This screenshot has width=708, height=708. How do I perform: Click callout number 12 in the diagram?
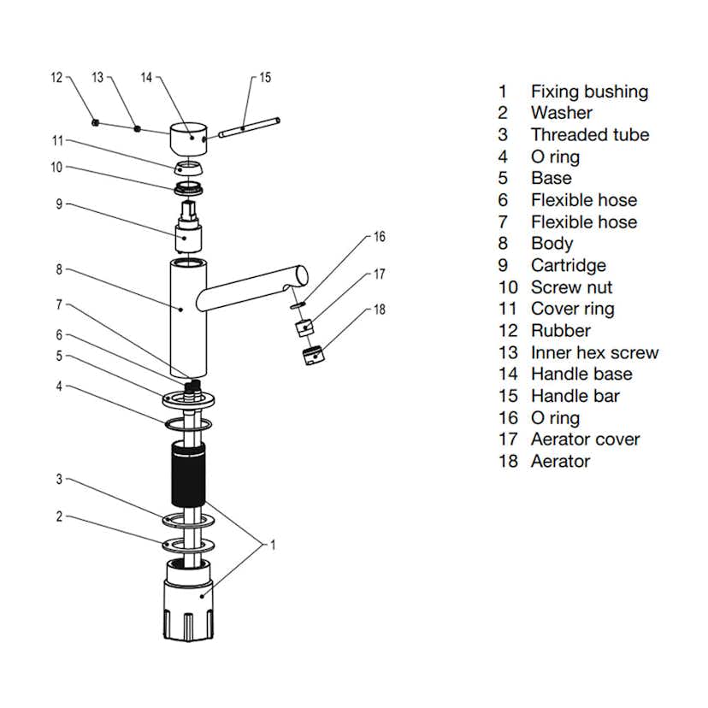57,78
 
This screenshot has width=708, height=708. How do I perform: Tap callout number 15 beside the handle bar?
265,78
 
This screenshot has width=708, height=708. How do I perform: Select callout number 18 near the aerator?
380,310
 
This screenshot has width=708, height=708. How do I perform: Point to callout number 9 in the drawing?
60,204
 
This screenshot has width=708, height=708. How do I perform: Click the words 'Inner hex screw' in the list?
594,352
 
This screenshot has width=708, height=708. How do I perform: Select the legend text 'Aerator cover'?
585,440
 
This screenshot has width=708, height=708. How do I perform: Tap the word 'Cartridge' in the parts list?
568,265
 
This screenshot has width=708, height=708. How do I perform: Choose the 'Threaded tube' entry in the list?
589,134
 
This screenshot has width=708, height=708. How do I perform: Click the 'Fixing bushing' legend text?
589,91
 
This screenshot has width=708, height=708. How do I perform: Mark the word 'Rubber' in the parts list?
560,330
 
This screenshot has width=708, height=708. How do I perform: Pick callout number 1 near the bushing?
274,544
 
